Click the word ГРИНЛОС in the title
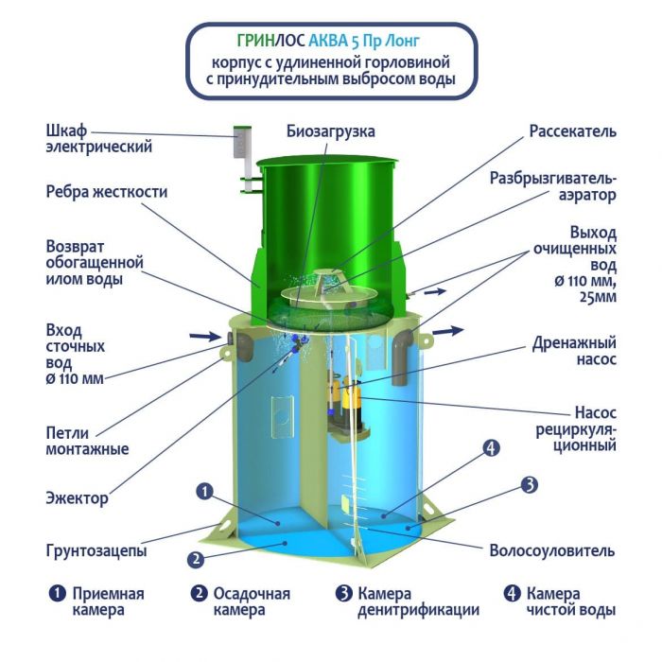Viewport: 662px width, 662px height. tap(271, 41)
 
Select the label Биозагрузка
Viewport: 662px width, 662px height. tap(331, 131)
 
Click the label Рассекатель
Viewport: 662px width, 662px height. tap(572, 131)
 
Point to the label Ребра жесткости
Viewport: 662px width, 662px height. tap(107, 192)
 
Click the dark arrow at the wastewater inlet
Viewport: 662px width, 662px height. tap(205, 336)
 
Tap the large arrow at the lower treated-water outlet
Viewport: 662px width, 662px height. tap(448, 331)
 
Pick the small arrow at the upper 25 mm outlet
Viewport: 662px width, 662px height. tap(435, 291)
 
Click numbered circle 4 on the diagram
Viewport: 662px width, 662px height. tap(491, 448)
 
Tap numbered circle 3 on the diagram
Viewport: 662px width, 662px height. tap(529, 484)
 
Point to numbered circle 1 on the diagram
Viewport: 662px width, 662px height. tap(205, 492)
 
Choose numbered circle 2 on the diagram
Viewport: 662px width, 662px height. tap(196, 560)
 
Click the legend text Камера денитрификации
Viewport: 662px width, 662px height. tap(418, 601)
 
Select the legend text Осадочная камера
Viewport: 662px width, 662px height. tap(252, 601)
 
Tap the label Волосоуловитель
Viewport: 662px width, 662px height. tap(551, 550)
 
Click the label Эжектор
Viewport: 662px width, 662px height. tap(77, 498)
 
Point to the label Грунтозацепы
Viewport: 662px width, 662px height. tap(96, 550)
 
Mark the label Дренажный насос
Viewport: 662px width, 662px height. tap(574, 351)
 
